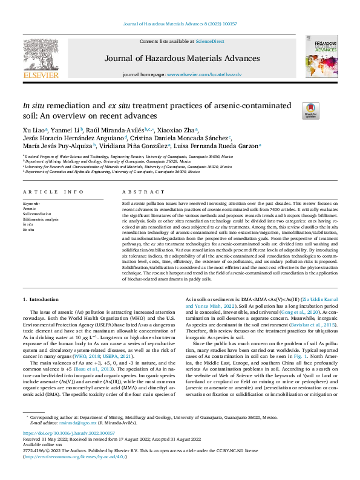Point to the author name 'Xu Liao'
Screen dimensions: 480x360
[32, 130]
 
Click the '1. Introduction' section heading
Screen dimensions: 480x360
[41, 299]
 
